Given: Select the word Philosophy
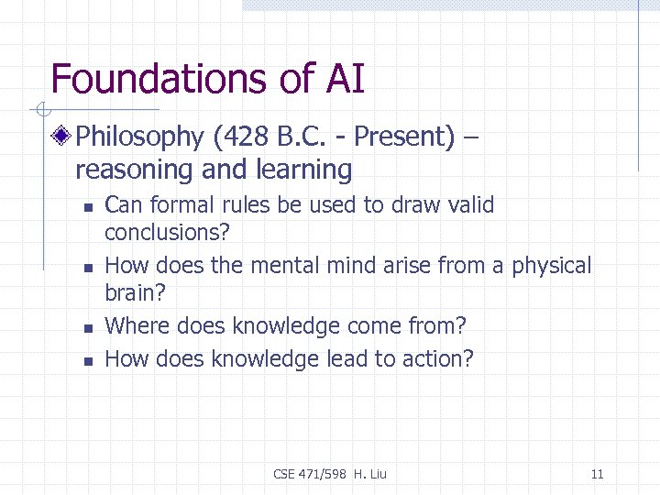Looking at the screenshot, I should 139,137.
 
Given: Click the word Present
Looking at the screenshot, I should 403,137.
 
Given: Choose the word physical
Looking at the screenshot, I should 552,266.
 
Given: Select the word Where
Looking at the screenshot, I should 137,325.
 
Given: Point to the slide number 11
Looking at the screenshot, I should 598,474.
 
